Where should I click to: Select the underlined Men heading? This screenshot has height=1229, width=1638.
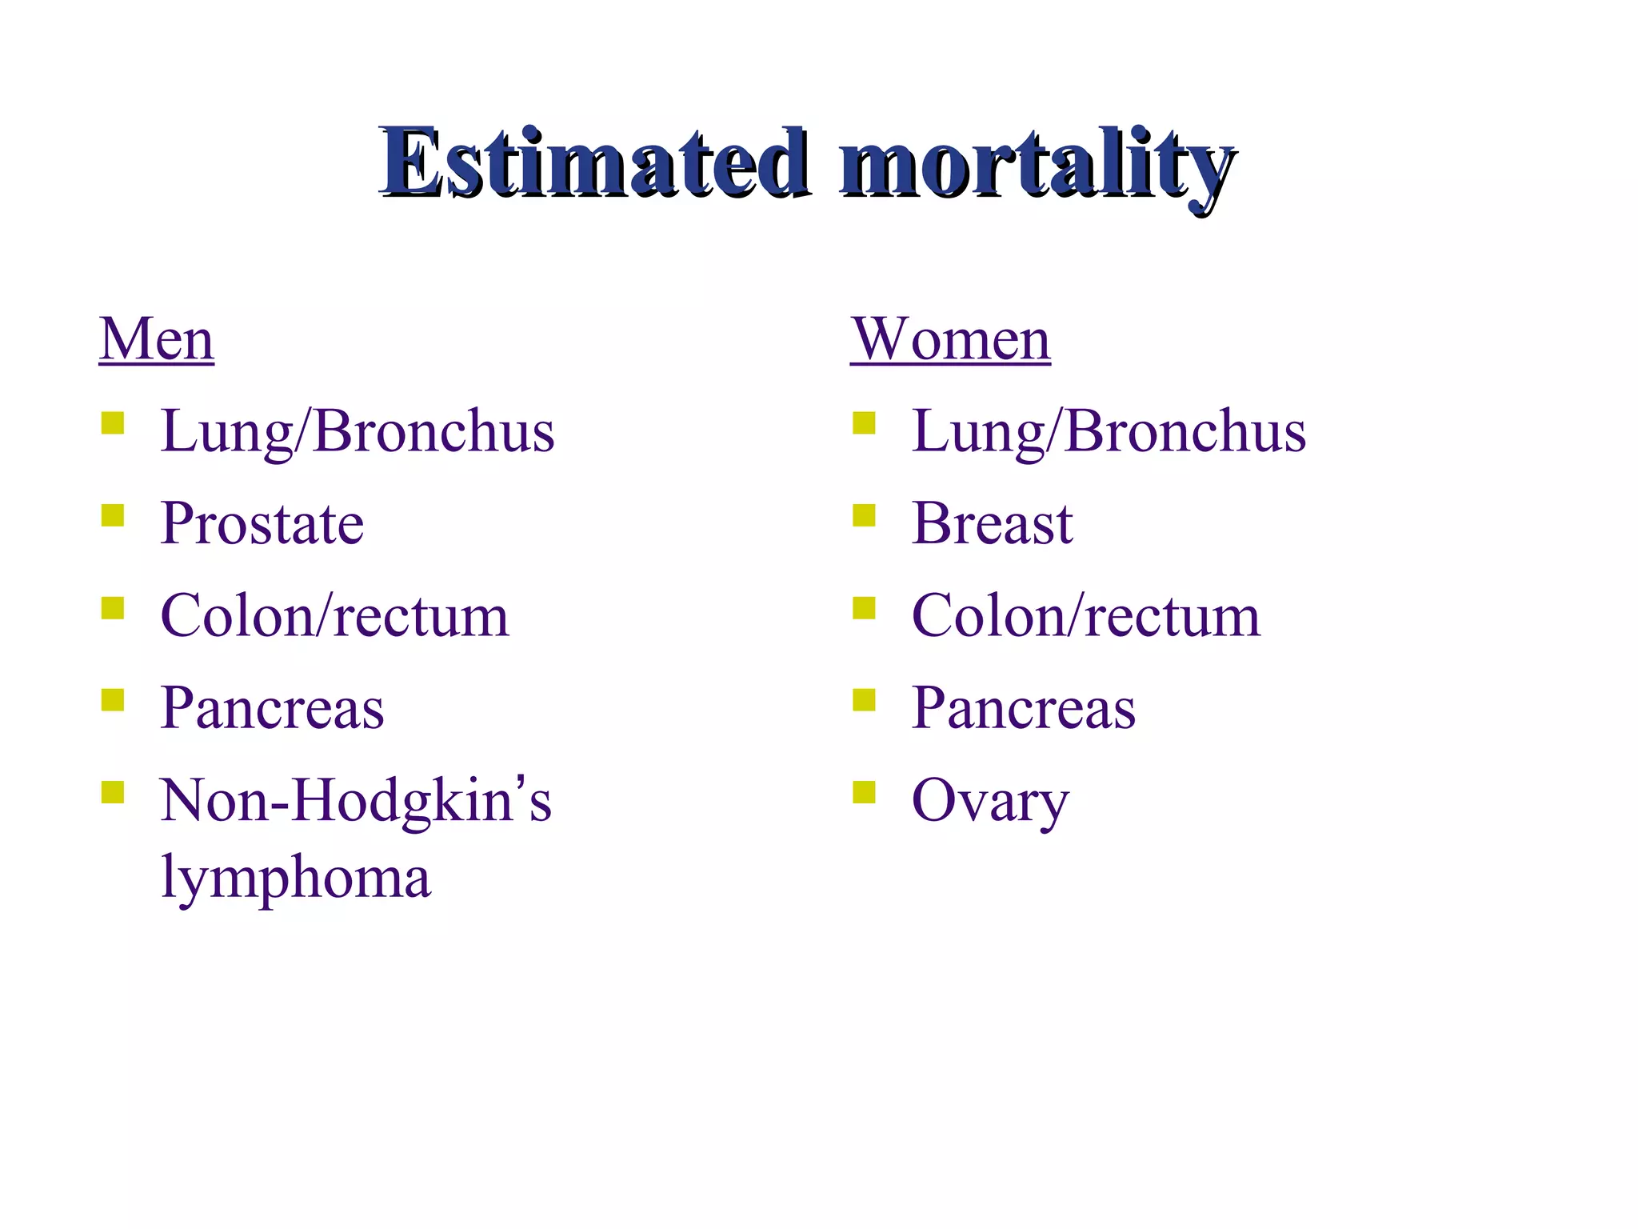pyautogui.click(x=157, y=339)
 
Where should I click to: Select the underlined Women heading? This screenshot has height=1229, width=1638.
pyautogui.click(x=950, y=339)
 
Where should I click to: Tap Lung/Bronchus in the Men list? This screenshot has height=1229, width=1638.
pyautogui.click(x=357, y=432)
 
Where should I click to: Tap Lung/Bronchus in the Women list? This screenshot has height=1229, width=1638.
pyautogui.click(x=1109, y=432)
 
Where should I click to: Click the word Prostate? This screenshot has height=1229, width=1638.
pyautogui.click(x=262, y=524)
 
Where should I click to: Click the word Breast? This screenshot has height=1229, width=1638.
pyautogui.click(x=992, y=524)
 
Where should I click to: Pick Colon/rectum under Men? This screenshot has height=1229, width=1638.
pyautogui.click(x=334, y=617)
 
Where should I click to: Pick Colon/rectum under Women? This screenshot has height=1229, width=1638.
pyautogui.click(x=1085, y=617)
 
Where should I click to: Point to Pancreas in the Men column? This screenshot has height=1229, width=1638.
pyautogui.click(x=272, y=709)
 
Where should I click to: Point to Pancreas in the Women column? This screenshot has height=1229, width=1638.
pyautogui.click(x=1023, y=709)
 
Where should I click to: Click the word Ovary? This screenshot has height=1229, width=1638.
pyautogui.click(x=989, y=802)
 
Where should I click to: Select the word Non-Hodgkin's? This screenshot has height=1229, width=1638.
pyautogui.click(x=355, y=801)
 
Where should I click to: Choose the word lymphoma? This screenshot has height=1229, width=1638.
pyautogui.click(x=295, y=877)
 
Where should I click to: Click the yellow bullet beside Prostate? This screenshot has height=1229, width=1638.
pyautogui.click(x=113, y=515)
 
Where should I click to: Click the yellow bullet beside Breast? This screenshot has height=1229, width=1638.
pyautogui.click(x=864, y=515)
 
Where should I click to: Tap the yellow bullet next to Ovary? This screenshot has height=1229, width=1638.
pyautogui.click(x=864, y=792)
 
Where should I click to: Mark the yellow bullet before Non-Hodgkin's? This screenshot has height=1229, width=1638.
pyautogui.click(x=113, y=792)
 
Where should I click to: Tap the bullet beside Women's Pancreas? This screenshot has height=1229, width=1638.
pyautogui.click(x=864, y=700)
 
